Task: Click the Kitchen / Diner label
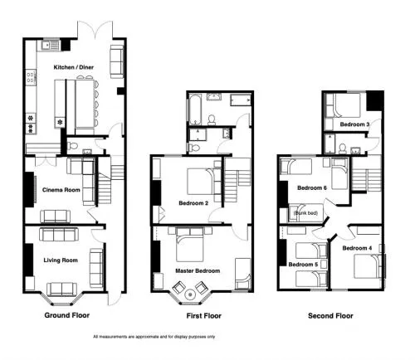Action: point(74,67)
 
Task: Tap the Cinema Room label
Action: point(61,190)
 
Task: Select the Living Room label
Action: point(61,260)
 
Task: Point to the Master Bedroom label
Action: point(198,270)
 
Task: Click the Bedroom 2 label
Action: point(193,203)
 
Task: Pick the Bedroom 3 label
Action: point(354,124)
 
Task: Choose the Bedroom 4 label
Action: point(357,248)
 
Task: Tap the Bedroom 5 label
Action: point(303,265)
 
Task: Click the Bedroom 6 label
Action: point(312,187)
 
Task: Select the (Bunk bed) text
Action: point(305,213)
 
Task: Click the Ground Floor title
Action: point(67,315)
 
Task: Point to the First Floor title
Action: point(204,316)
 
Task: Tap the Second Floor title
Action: point(330,316)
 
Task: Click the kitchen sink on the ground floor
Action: point(51,46)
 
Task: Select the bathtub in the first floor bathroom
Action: point(194,109)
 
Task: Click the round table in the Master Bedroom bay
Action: point(190,294)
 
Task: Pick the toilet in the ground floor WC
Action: point(72,145)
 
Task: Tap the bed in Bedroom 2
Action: point(201,181)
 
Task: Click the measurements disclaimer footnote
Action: point(154,337)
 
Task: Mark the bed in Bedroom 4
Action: point(368,266)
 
